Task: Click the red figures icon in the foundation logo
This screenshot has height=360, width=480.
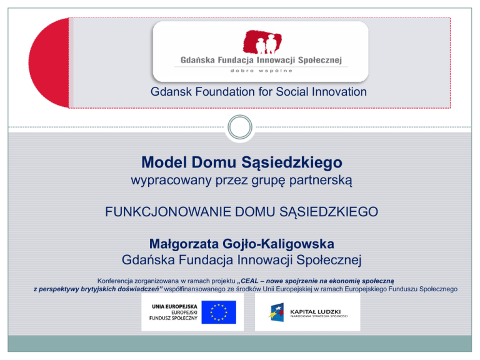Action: tap(262, 42)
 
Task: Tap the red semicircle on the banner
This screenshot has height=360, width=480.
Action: tap(49, 62)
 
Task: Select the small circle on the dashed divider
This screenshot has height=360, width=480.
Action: tap(240, 127)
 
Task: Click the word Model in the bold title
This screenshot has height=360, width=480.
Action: tap(164, 162)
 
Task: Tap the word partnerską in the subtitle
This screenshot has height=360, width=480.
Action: tap(321, 180)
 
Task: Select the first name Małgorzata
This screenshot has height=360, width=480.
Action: tap(184, 244)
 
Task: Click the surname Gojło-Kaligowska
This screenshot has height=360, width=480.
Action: tap(278, 244)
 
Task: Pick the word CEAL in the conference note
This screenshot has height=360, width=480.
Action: tap(249, 281)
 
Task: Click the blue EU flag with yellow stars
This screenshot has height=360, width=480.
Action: tap(219, 312)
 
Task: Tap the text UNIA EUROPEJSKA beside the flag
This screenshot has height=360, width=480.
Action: tap(174, 306)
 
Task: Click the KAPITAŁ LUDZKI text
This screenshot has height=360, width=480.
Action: tap(315, 312)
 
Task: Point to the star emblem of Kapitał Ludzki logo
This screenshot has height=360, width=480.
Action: tap(277, 312)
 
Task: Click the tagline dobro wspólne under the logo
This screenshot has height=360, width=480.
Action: tap(261, 71)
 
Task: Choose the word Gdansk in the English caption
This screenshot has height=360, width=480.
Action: tap(171, 92)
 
